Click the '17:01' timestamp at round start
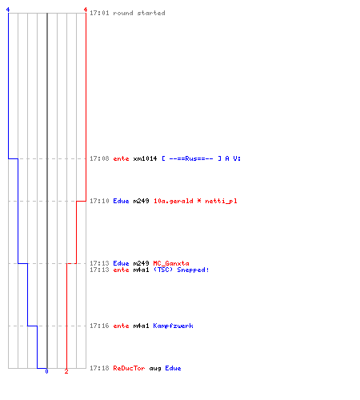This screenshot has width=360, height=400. [99, 13]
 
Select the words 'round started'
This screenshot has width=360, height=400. [139, 13]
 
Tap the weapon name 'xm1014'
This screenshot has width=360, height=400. [145, 158]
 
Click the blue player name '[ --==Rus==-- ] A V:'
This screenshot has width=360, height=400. [202, 158]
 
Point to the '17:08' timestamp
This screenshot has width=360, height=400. [99, 158]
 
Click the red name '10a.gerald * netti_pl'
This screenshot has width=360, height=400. [195, 201]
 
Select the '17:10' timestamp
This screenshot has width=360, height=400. [99, 201]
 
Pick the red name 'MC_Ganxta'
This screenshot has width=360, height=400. [171, 263]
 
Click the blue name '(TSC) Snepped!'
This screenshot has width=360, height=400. [181, 270]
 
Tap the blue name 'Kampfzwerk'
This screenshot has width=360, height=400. [173, 326]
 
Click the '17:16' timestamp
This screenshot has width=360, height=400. [99, 326]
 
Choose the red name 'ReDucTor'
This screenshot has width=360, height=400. [129, 368]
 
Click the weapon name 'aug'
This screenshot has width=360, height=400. [155, 369]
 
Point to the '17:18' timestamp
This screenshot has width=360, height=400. [99, 368]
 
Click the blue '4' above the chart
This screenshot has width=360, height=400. [8, 10]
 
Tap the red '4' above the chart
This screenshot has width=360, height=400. [86, 10]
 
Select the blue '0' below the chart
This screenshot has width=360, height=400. [46, 371]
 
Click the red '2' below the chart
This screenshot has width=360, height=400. [66, 371]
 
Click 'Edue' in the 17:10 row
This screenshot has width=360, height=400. [121, 201]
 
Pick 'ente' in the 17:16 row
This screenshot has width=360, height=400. [121, 326]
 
